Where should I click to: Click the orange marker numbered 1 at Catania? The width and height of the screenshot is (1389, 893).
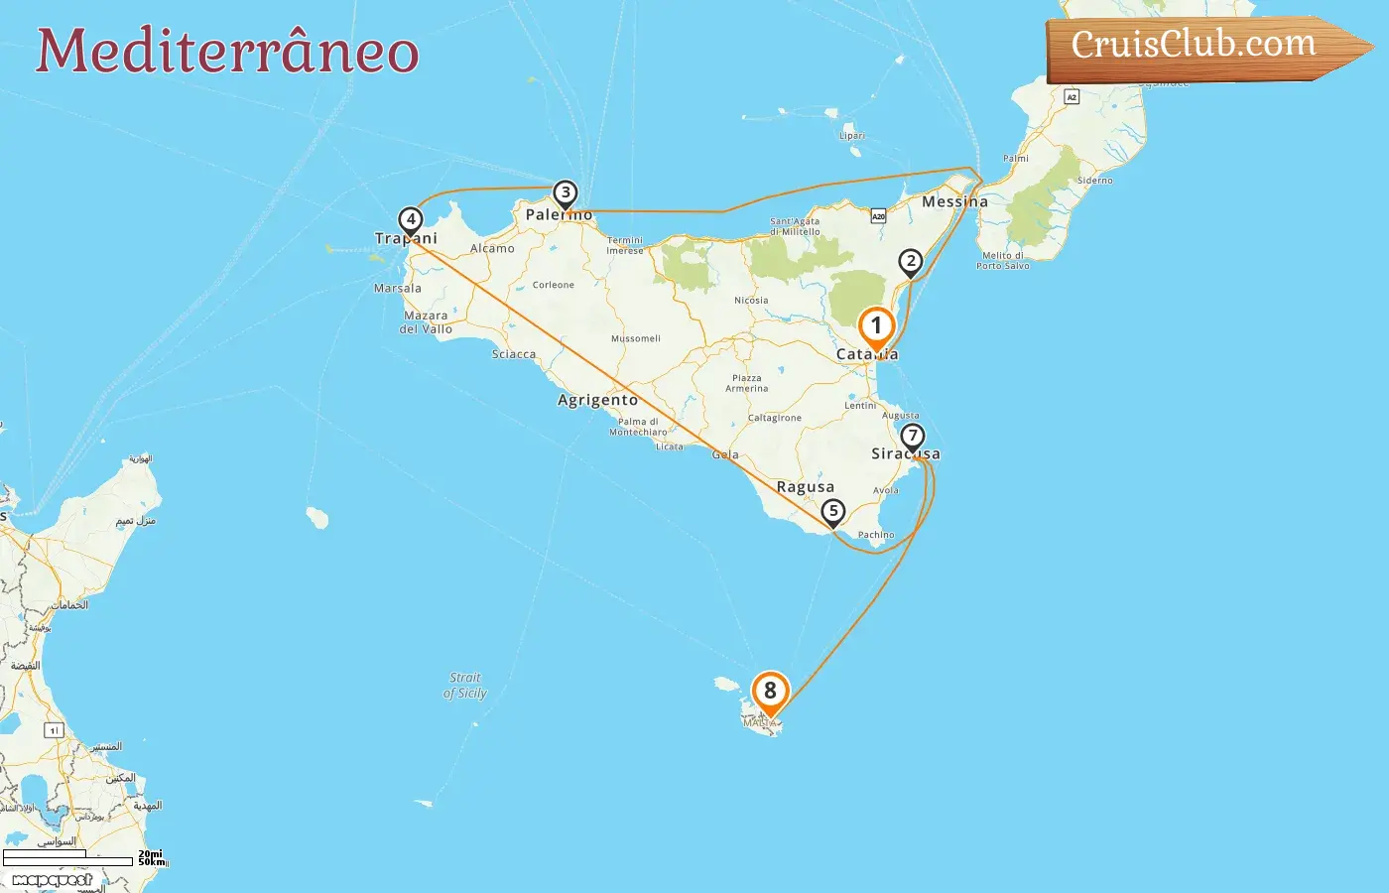point(876,326)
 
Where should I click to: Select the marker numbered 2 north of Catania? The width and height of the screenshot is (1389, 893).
point(911,262)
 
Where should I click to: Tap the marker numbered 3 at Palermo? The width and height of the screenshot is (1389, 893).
point(565,192)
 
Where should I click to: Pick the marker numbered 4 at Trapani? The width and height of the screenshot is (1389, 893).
point(410,219)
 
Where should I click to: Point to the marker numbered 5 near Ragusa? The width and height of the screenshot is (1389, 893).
point(833,511)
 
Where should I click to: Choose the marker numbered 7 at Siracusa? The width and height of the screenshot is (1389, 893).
point(913,436)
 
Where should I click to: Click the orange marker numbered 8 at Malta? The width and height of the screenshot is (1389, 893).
point(770,692)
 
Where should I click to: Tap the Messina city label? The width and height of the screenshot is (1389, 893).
point(954,201)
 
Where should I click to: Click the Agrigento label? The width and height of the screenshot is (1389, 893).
point(597,400)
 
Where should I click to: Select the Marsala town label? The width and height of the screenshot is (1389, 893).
point(397,289)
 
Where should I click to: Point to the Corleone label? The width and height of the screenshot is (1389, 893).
point(553,285)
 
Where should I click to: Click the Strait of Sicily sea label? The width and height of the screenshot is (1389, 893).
point(464,686)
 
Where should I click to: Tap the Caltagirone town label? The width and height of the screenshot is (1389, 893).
point(774,418)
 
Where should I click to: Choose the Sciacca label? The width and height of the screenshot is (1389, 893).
point(514,354)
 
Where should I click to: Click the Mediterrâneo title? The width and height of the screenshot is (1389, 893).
point(227,52)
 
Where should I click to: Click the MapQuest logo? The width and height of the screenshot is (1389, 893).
point(53,880)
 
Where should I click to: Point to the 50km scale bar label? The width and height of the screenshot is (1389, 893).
point(151,862)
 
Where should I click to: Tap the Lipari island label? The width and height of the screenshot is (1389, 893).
point(851,136)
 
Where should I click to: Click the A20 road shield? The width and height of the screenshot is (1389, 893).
point(878,215)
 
